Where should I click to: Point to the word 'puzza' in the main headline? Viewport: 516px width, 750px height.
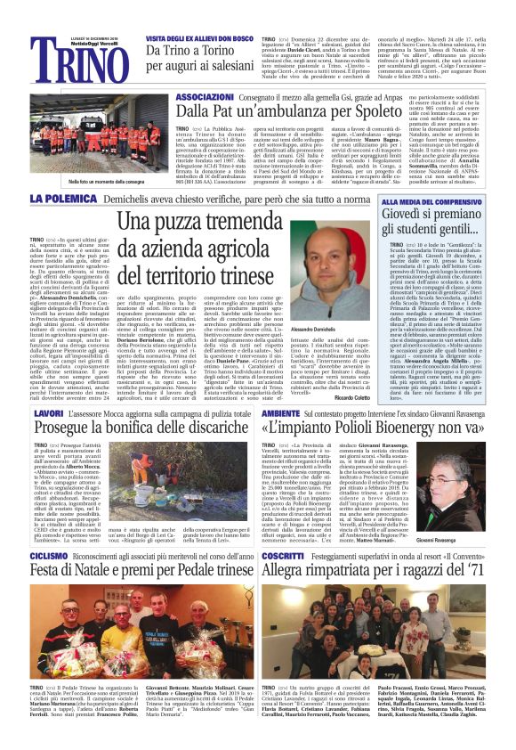(x=198, y=223)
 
